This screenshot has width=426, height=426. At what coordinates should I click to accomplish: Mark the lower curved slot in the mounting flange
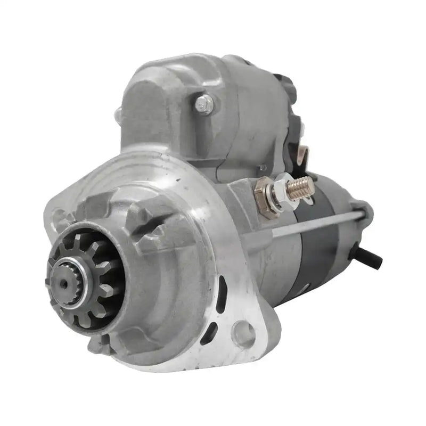point(209,332)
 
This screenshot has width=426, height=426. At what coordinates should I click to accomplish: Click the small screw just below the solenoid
point(261,169)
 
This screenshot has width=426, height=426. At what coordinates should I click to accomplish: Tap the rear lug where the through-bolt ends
point(361,210)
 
